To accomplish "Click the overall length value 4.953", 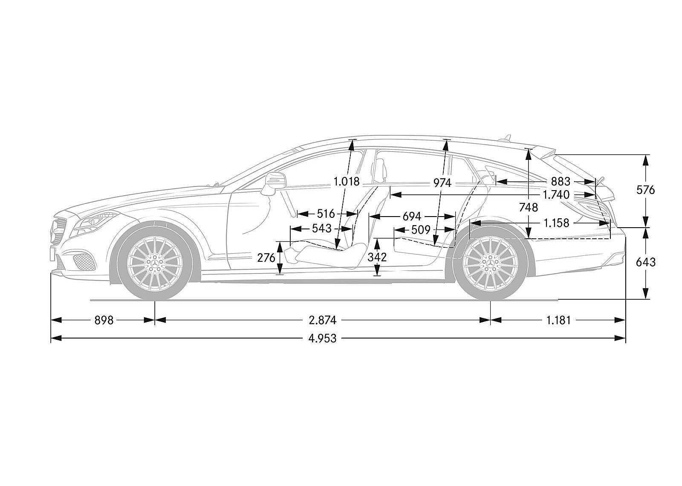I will click(x=322, y=338).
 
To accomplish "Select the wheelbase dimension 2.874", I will click(x=323, y=320).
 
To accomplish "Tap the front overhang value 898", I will click(x=104, y=320).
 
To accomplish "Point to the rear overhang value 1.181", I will click(x=558, y=320).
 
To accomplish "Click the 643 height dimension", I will click(x=645, y=262).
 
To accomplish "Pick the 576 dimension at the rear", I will click(x=645, y=190).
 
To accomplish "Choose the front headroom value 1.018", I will click(x=347, y=182).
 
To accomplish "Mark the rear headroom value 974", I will click(x=442, y=183).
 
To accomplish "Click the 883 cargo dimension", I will click(x=561, y=182).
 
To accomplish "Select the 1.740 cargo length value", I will click(x=556, y=195).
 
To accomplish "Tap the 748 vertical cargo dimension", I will click(x=529, y=207).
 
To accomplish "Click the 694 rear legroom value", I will click(x=412, y=216).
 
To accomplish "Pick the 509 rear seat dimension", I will click(x=421, y=230).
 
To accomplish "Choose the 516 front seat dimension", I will click(x=326, y=214).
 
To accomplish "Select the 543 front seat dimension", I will click(x=321, y=229).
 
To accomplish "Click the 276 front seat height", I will click(x=266, y=257).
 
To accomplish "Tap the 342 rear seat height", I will click(x=377, y=257).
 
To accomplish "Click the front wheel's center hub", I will click(x=154, y=265).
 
